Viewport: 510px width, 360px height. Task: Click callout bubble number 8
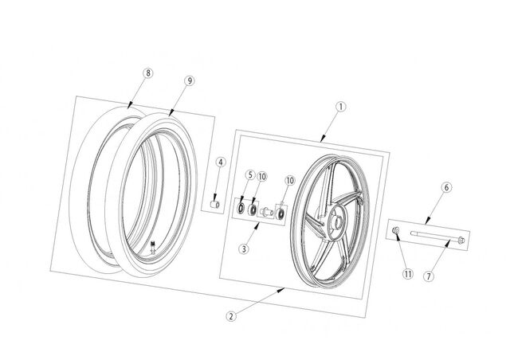pos(148,72)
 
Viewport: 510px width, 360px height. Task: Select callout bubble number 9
pos(190,80)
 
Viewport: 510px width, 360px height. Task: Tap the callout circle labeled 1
pos(341,107)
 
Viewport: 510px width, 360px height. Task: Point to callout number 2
pos(231,316)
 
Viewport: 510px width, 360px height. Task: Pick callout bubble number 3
pos(244,249)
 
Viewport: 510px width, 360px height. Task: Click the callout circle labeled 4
pos(221,162)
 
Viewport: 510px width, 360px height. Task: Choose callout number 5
pos(249,175)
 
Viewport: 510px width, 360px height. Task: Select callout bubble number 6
pos(446,187)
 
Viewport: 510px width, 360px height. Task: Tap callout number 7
pos(429,276)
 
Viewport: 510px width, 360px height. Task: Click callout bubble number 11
pos(408,274)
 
